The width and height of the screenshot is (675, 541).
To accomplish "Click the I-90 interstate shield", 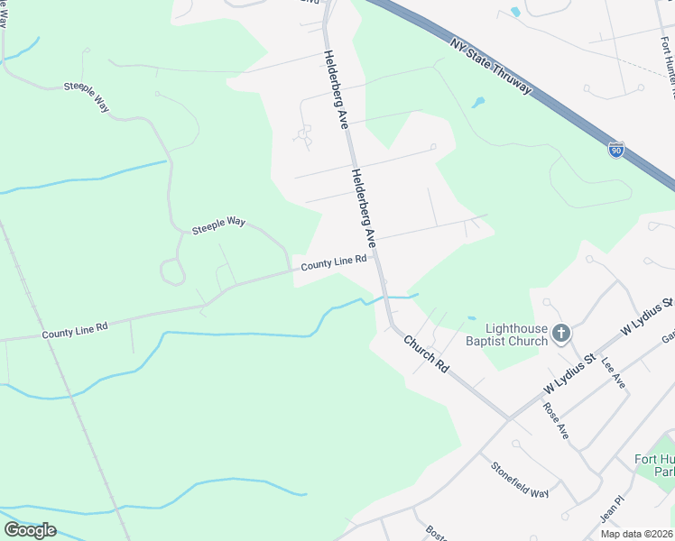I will (616, 149).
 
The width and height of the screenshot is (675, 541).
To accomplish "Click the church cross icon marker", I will (560, 335).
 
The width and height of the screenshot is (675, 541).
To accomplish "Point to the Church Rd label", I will (426, 355).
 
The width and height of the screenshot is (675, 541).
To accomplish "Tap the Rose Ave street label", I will (556, 419).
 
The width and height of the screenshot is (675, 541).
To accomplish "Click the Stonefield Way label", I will (520, 480).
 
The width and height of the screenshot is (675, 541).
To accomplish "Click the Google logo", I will (30, 530).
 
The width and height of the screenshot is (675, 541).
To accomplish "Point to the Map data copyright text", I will (637, 534).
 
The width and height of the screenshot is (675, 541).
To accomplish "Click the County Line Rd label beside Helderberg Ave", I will (333, 262).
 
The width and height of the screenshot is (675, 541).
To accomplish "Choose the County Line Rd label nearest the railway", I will (75, 330).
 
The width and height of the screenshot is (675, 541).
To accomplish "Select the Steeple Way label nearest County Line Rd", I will (218, 225).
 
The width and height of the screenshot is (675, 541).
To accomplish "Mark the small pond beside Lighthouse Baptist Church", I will (471, 318).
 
